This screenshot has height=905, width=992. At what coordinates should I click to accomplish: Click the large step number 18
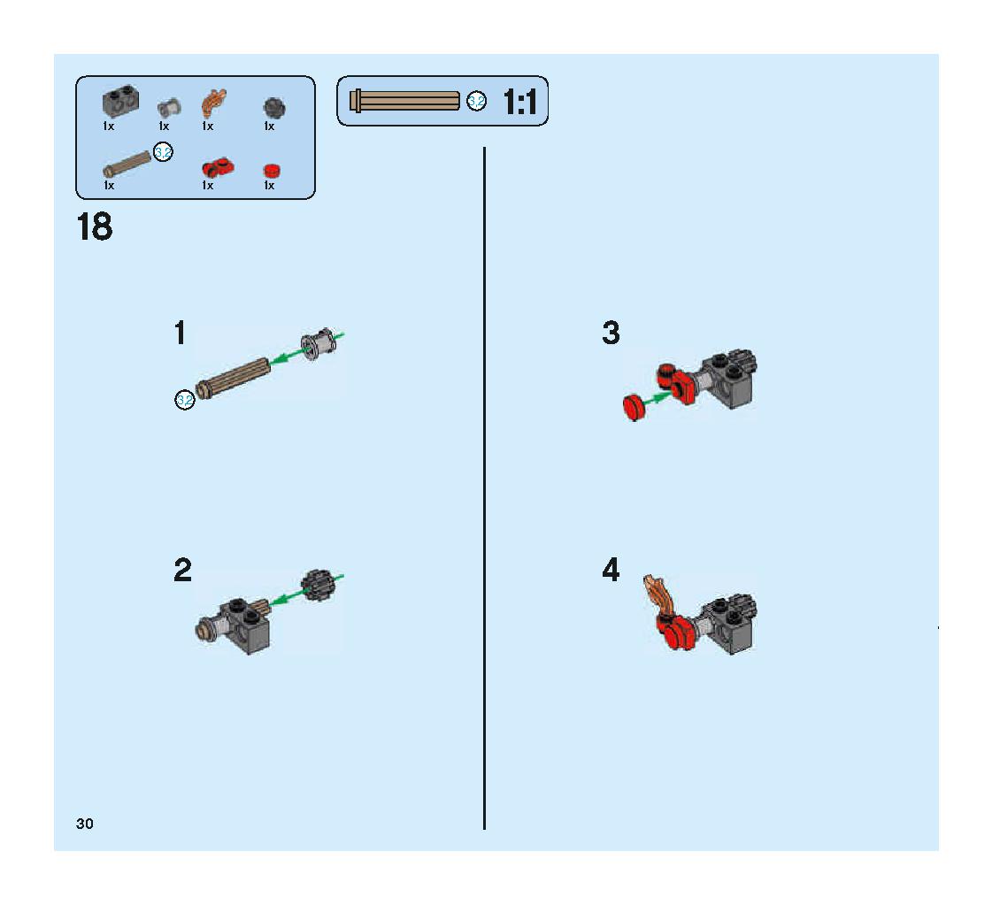coord(95,226)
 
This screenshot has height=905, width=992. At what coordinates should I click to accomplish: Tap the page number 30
coord(84,824)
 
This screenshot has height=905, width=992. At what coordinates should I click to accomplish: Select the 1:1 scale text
coord(519,102)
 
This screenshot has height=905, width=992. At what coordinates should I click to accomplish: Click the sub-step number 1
coord(181,333)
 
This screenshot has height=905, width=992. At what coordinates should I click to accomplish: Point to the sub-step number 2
coord(182,570)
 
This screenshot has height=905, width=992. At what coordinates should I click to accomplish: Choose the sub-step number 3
coord(611,333)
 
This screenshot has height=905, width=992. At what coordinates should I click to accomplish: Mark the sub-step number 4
coord(611,570)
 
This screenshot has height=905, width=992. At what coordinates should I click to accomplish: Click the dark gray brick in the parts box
coord(120,101)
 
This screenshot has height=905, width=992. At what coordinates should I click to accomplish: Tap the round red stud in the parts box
coord(272,171)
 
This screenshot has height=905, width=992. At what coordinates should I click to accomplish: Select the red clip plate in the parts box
coord(218,167)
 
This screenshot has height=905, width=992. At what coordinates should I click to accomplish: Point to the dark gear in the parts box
coord(274,108)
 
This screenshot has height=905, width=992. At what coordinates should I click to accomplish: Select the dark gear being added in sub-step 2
coord(319,585)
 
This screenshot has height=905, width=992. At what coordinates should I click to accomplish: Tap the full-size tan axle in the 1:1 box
coord(405,101)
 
